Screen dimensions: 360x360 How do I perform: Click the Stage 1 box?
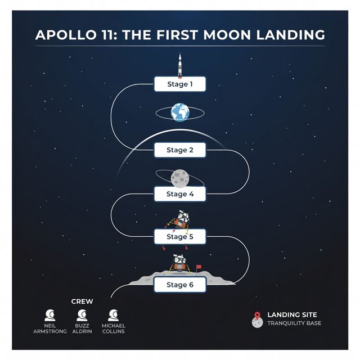[180, 84]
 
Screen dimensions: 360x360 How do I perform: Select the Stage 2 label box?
[180, 150]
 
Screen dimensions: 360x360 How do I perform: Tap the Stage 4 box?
[180, 194]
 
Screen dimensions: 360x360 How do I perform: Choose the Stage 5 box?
[180, 236]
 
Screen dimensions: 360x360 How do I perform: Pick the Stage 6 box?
[180, 285]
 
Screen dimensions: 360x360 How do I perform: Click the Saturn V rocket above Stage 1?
[180, 65]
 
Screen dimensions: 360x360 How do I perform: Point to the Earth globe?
[180, 112]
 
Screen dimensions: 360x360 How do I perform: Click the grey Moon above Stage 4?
[180, 178]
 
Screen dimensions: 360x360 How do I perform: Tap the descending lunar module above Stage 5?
[179, 221]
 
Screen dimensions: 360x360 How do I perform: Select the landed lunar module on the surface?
[179, 264]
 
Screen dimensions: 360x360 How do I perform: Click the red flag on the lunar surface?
[199, 268]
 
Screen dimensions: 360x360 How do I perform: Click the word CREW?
[82, 301]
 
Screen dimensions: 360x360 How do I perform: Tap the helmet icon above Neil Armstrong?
[50, 315]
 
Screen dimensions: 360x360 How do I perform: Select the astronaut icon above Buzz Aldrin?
[82, 315]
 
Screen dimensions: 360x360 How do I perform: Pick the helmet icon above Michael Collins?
[114, 315]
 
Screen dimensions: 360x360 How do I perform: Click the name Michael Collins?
[114, 328]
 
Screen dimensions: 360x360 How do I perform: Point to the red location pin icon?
[258, 316]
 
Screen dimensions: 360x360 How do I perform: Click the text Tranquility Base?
[294, 323]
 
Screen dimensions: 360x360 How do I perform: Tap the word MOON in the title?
[227, 35]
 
